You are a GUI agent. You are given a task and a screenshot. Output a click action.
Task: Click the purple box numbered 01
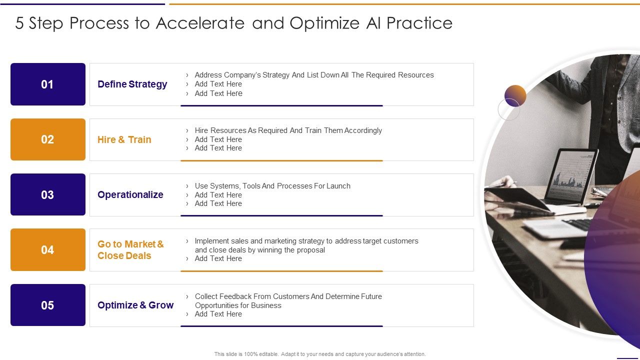tap(48, 84)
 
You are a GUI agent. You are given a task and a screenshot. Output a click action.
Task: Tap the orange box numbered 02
tap(48, 139)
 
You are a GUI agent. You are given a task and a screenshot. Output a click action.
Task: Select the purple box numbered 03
tap(48, 194)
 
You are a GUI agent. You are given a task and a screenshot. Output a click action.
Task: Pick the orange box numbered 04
tap(48, 249)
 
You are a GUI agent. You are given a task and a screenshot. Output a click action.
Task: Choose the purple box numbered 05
tap(48, 305)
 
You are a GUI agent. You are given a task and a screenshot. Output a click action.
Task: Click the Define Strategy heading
tap(132, 84)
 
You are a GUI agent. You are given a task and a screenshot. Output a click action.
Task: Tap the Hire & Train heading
tap(124, 139)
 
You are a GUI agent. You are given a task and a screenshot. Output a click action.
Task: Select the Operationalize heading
tap(130, 194)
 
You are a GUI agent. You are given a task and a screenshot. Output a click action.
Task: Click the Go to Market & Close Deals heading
tap(130, 249)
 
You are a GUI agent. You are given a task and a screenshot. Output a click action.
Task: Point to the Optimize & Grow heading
tap(135, 305)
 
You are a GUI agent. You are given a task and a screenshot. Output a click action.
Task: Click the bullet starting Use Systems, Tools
tap(272, 186)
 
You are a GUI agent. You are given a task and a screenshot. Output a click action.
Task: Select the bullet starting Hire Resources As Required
tap(288, 130)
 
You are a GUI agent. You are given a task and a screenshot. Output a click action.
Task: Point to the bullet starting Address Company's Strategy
tap(314, 75)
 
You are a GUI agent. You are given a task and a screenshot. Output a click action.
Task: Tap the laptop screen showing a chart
tap(570, 175)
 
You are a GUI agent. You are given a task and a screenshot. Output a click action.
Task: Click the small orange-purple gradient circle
tap(515, 95)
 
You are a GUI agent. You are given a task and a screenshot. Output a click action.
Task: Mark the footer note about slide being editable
tap(320, 354)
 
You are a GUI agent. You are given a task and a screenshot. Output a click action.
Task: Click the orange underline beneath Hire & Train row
tap(281, 160)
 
